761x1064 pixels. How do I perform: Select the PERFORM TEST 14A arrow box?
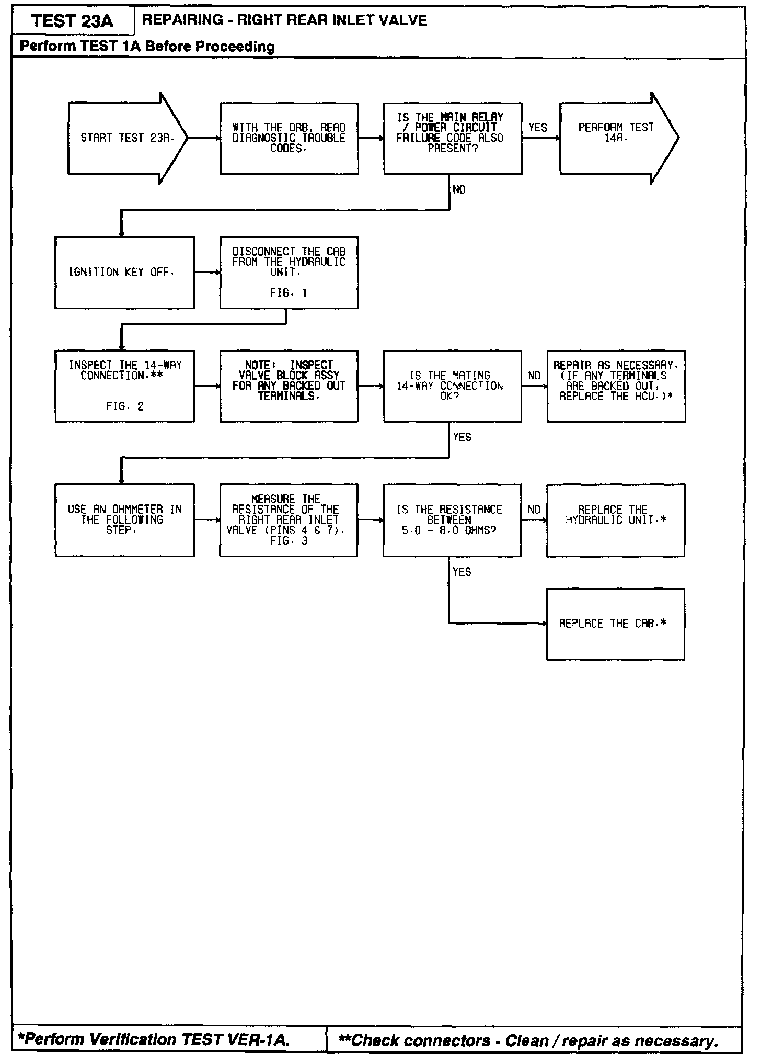pyautogui.click(x=617, y=138)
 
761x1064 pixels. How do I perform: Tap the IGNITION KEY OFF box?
pyautogui.click(x=124, y=273)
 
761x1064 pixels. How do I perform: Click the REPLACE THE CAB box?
pyautogui.click(x=615, y=624)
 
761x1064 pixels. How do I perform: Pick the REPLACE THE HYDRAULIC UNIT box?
pyautogui.click(x=615, y=520)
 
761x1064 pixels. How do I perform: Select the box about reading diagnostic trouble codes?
pyautogui.click(x=289, y=138)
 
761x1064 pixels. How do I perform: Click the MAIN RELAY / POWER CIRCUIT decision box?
pyautogui.click(x=452, y=138)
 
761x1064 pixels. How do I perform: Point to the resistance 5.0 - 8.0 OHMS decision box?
pyautogui.click(x=452, y=520)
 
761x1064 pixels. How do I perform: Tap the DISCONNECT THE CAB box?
pyautogui.click(x=289, y=273)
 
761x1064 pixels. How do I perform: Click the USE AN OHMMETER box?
pyautogui.click(x=124, y=520)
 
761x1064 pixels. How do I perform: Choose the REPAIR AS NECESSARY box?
pyautogui.click(x=616, y=386)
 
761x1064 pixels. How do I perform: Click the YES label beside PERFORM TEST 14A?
pyautogui.click(x=537, y=128)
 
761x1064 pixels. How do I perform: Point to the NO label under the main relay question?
pyautogui.click(x=459, y=190)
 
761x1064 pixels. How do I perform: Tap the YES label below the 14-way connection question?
pyautogui.click(x=462, y=437)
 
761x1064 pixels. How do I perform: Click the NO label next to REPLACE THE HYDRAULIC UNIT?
pyautogui.click(x=534, y=510)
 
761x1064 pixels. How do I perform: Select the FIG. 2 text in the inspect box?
pyautogui.click(x=124, y=406)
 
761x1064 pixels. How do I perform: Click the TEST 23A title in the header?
pyautogui.click(x=72, y=21)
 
